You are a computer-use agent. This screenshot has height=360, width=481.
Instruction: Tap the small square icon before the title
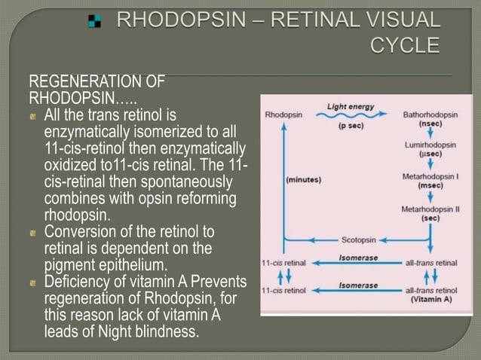tap(94, 21)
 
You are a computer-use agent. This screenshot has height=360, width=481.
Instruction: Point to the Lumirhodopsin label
tap(430, 143)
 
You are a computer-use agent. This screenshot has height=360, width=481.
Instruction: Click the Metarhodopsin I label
tap(430, 175)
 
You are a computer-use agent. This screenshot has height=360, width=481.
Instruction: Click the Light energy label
tap(351, 107)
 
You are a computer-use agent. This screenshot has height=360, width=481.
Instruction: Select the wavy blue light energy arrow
tap(351, 117)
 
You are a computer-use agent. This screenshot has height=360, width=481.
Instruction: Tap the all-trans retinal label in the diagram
tap(431, 263)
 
